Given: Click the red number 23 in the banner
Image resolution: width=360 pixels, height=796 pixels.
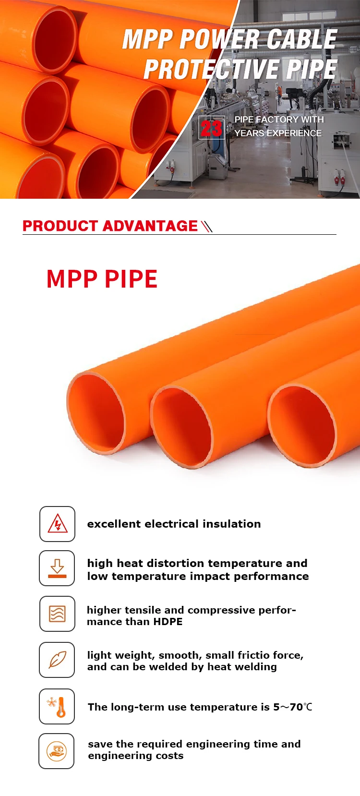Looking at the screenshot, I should (x=212, y=128).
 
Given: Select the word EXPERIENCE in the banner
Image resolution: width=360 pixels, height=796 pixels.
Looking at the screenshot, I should (x=294, y=133).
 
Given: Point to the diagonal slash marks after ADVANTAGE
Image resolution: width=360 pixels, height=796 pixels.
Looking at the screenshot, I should (x=206, y=226).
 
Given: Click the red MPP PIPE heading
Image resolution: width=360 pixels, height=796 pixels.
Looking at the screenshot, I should (x=102, y=279).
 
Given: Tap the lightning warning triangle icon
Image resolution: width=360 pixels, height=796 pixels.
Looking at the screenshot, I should (x=57, y=524).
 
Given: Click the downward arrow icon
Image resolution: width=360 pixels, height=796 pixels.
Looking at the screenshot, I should (x=57, y=568).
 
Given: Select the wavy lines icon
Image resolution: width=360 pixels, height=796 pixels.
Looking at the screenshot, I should (x=57, y=614).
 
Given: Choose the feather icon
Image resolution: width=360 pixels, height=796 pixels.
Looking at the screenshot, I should (x=57, y=660).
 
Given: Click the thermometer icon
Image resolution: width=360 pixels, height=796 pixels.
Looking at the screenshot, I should (x=57, y=706).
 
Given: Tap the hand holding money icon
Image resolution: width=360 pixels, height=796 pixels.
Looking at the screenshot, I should (x=57, y=751).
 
